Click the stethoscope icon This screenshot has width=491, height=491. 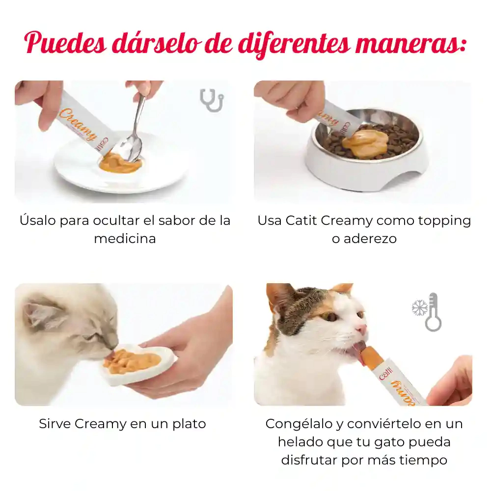[212, 101]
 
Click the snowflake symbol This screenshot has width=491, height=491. [419, 308]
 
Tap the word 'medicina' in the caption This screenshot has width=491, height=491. [125, 239]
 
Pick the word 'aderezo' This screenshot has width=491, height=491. [370, 239]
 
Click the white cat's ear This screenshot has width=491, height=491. [38, 315]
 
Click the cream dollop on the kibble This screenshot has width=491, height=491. [365, 142]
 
